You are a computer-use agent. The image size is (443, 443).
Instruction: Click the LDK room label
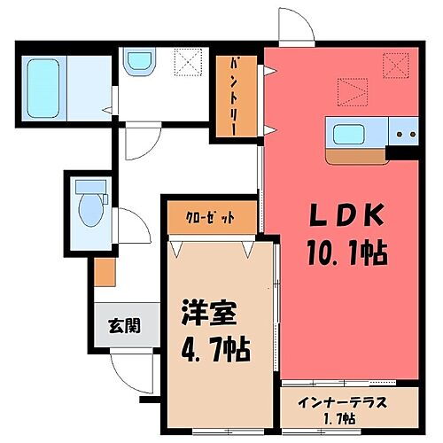pyautogui.click(x=346, y=217)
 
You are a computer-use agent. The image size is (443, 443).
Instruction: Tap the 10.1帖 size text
pyautogui.click(x=346, y=254)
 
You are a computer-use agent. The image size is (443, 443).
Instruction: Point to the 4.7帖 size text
pyautogui.click(x=213, y=346)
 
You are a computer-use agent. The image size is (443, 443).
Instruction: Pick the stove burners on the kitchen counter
pyautogui.click(x=407, y=136)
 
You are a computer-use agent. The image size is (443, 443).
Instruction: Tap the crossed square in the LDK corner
pyautogui.click(x=394, y=64)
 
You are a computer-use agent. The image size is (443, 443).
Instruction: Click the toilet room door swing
pyautogui.click(x=130, y=225)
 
